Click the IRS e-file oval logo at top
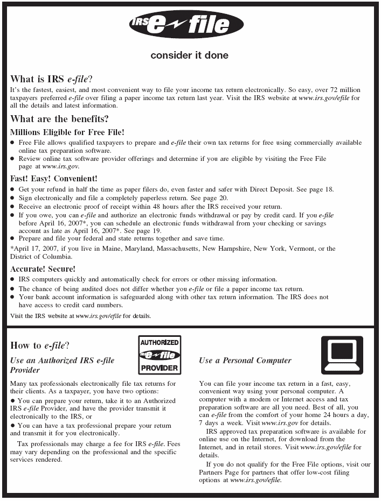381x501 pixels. [x=186, y=25]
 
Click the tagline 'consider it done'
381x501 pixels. [x=189, y=55]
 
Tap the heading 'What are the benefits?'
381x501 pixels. [x=59, y=119]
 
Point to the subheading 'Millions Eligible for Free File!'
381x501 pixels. [x=67, y=132]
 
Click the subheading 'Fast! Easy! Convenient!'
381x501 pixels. [x=54, y=178]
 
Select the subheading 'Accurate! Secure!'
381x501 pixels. [x=43, y=269]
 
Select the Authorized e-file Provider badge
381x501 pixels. [x=160, y=355]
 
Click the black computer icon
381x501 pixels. [x=342, y=355]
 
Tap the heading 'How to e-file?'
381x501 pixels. [x=39, y=346]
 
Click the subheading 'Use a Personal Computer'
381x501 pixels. [x=245, y=361]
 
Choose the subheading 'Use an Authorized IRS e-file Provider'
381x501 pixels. [x=62, y=365]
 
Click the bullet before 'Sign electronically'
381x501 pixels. [x=13, y=198]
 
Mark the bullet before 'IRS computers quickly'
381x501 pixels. [x=13, y=280]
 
